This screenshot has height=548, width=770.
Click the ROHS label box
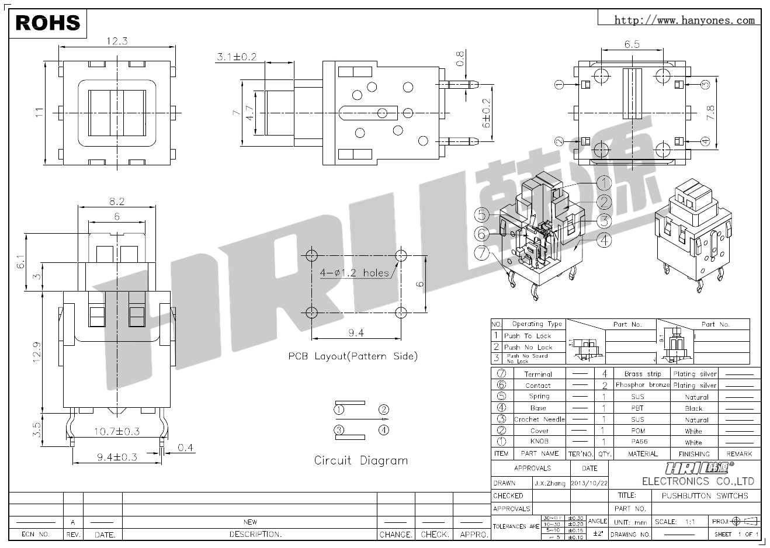[48, 23]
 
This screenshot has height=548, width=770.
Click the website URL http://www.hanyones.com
[685, 20]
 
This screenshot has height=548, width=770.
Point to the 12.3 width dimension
[117, 41]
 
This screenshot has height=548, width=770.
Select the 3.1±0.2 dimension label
[237, 57]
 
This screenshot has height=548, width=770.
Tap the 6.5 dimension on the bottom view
[632, 44]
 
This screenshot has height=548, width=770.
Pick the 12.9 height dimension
[36, 352]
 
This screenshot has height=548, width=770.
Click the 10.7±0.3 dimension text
[117, 432]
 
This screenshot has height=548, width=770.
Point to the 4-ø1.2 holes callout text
[354, 273]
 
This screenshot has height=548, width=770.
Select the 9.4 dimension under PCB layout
[356, 333]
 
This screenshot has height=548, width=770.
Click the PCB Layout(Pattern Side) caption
[353, 356]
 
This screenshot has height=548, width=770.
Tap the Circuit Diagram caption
[360, 460]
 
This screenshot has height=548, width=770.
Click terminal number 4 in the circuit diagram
[384, 431]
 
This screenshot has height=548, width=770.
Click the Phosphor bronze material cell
[642, 385]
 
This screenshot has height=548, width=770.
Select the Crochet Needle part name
[539, 419]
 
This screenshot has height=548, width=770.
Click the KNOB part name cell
[539, 442]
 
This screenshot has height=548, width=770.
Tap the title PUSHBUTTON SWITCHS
[705, 496]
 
